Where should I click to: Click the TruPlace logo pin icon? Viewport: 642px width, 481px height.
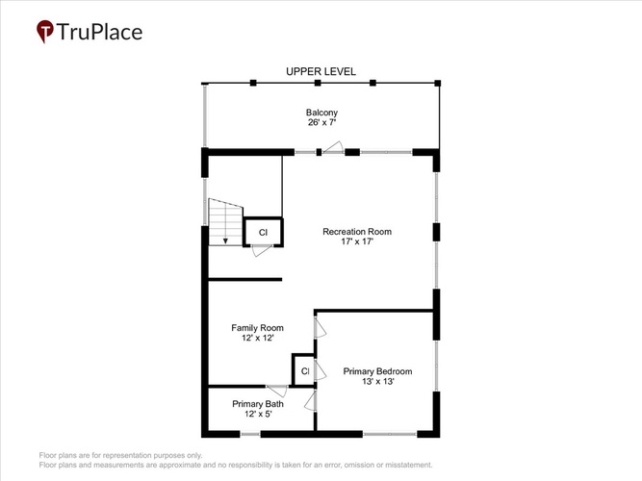pyautogui.click(x=45, y=31)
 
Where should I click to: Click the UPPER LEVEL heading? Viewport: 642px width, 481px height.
pyautogui.click(x=321, y=71)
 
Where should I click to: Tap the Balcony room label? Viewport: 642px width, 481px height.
pyautogui.click(x=321, y=113)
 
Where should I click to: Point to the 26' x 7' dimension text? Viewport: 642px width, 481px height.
pyautogui.click(x=321, y=122)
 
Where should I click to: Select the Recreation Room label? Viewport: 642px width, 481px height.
pyautogui.click(x=357, y=232)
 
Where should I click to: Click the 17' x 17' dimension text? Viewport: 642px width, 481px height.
pyautogui.click(x=357, y=241)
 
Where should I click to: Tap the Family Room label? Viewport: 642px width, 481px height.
pyautogui.click(x=257, y=328)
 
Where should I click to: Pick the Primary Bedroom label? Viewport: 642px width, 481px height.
pyautogui.click(x=377, y=371)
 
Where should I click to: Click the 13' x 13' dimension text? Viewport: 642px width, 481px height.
pyautogui.click(x=378, y=382)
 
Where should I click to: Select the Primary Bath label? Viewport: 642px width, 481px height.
pyautogui.click(x=258, y=404)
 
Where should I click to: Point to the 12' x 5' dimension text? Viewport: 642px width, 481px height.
pyautogui.click(x=258, y=414)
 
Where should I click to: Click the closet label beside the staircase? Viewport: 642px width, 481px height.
pyautogui.click(x=263, y=233)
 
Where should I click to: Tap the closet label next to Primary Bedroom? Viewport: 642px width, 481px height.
pyautogui.click(x=305, y=371)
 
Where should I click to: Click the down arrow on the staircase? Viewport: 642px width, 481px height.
pyautogui.click(x=225, y=240)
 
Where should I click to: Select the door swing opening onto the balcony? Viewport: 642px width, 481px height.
pyautogui.click(x=333, y=147)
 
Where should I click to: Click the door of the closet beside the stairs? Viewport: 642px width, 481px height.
pyautogui.click(x=262, y=250)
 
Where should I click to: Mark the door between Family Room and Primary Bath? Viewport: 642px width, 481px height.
pyautogui.click(x=277, y=391)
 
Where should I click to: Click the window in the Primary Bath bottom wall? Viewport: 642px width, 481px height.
pyautogui.click(x=249, y=434)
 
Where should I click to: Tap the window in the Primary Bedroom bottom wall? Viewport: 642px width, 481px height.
pyautogui.click(x=390, y=434)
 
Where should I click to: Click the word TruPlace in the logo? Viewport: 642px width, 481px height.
pyautogui.click(x=99, y=32)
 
